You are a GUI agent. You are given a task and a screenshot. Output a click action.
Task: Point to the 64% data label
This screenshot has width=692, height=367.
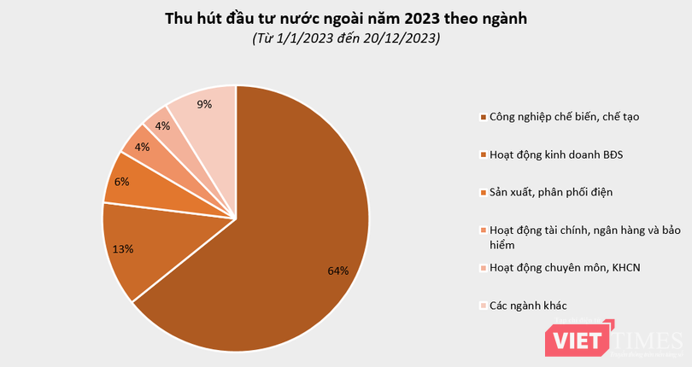click(338, 271)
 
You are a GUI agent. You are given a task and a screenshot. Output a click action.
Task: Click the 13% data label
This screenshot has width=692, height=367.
click(122, 249)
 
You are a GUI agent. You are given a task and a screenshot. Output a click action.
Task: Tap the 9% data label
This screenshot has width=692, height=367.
click(204, 104)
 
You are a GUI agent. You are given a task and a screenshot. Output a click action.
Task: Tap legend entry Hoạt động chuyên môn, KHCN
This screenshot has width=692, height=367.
click(564, 267)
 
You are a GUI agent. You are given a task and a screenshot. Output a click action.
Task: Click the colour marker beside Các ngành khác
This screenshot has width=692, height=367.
click(484, 306)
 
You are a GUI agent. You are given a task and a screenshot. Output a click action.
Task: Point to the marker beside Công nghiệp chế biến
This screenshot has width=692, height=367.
click(484, 118)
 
